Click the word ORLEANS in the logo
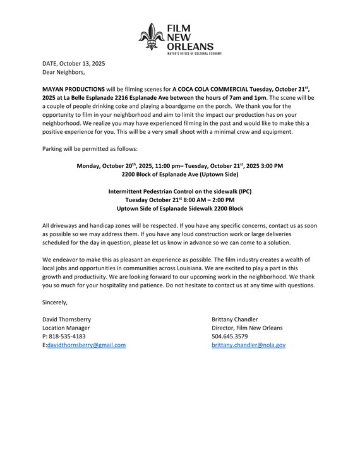click(x=189, y=45)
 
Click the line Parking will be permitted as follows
click(x=85, y=149)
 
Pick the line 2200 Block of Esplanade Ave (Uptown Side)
click(x=180, y=174)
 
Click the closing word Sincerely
click(x=55, y=302)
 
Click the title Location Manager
click(x=66, y=328)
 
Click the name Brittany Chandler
click(x=234, y=320)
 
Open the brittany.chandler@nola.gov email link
click(x=248, y=345)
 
